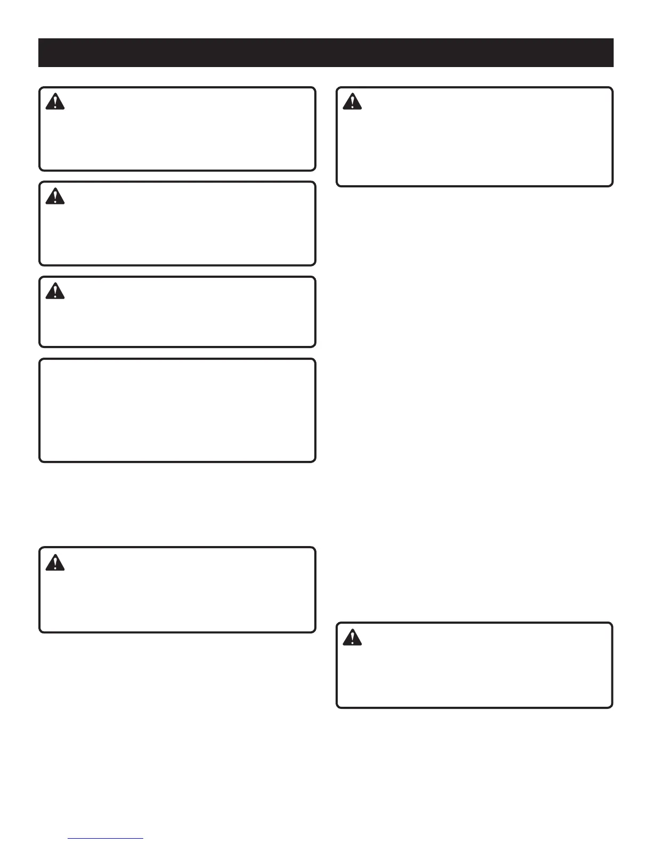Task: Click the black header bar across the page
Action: [x=326, y=53]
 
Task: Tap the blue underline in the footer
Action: [x=106, y=839]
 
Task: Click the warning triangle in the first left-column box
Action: [x=55, y=102]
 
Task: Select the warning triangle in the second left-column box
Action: [x=55, y=196]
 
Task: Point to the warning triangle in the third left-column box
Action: [x=55, y=291]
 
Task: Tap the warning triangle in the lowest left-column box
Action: [x=55, y=563]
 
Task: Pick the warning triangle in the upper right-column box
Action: [x=352, y=102]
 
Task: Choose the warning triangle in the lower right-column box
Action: [x=352, y=638]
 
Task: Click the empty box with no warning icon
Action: [x=177, y=410]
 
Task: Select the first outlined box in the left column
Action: [x=177, y=129]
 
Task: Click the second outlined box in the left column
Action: [x=177, y=224]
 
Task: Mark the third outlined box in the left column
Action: [x=177, y=312]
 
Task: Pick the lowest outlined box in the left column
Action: [x=177, y=590]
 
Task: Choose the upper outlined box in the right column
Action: [x=475, y=137]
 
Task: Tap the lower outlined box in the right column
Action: [x=475, y=665]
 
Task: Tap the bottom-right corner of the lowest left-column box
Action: [x=314, y=631]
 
